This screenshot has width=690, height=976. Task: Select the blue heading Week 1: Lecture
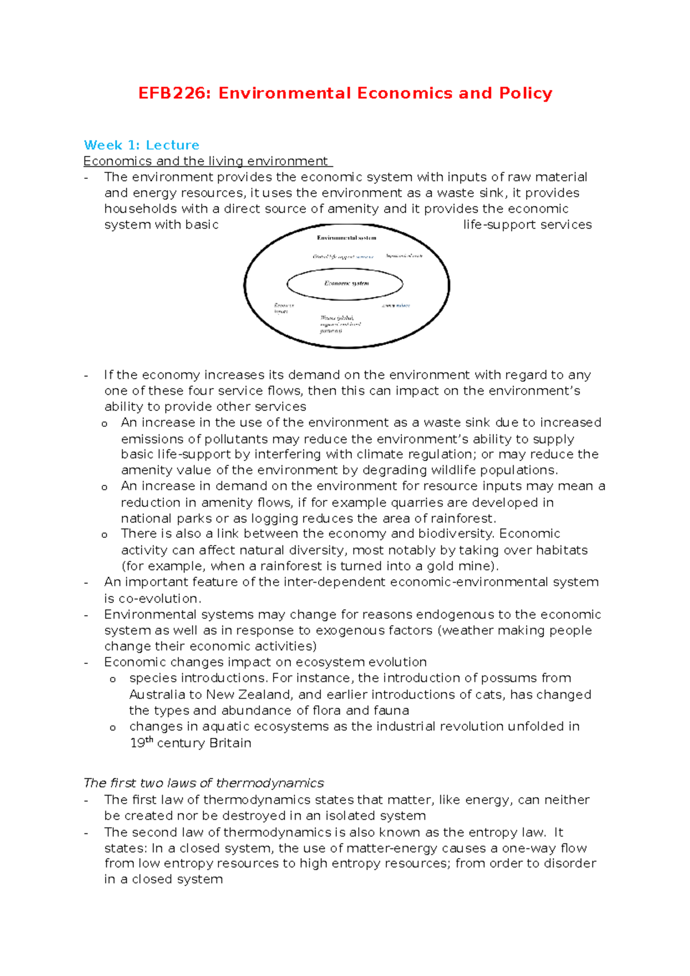coord(141,145)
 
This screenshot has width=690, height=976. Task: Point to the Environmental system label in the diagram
coord(346,238)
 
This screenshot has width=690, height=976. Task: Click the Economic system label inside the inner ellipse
coord(346,283)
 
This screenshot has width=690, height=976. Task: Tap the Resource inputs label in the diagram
coord(283,309)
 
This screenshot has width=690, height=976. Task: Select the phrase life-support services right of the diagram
coord(527,225)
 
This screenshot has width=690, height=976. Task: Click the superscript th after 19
coord(149,740)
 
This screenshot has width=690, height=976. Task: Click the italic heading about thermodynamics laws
coord(204,783)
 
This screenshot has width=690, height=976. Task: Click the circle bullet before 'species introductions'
coord(113,679)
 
